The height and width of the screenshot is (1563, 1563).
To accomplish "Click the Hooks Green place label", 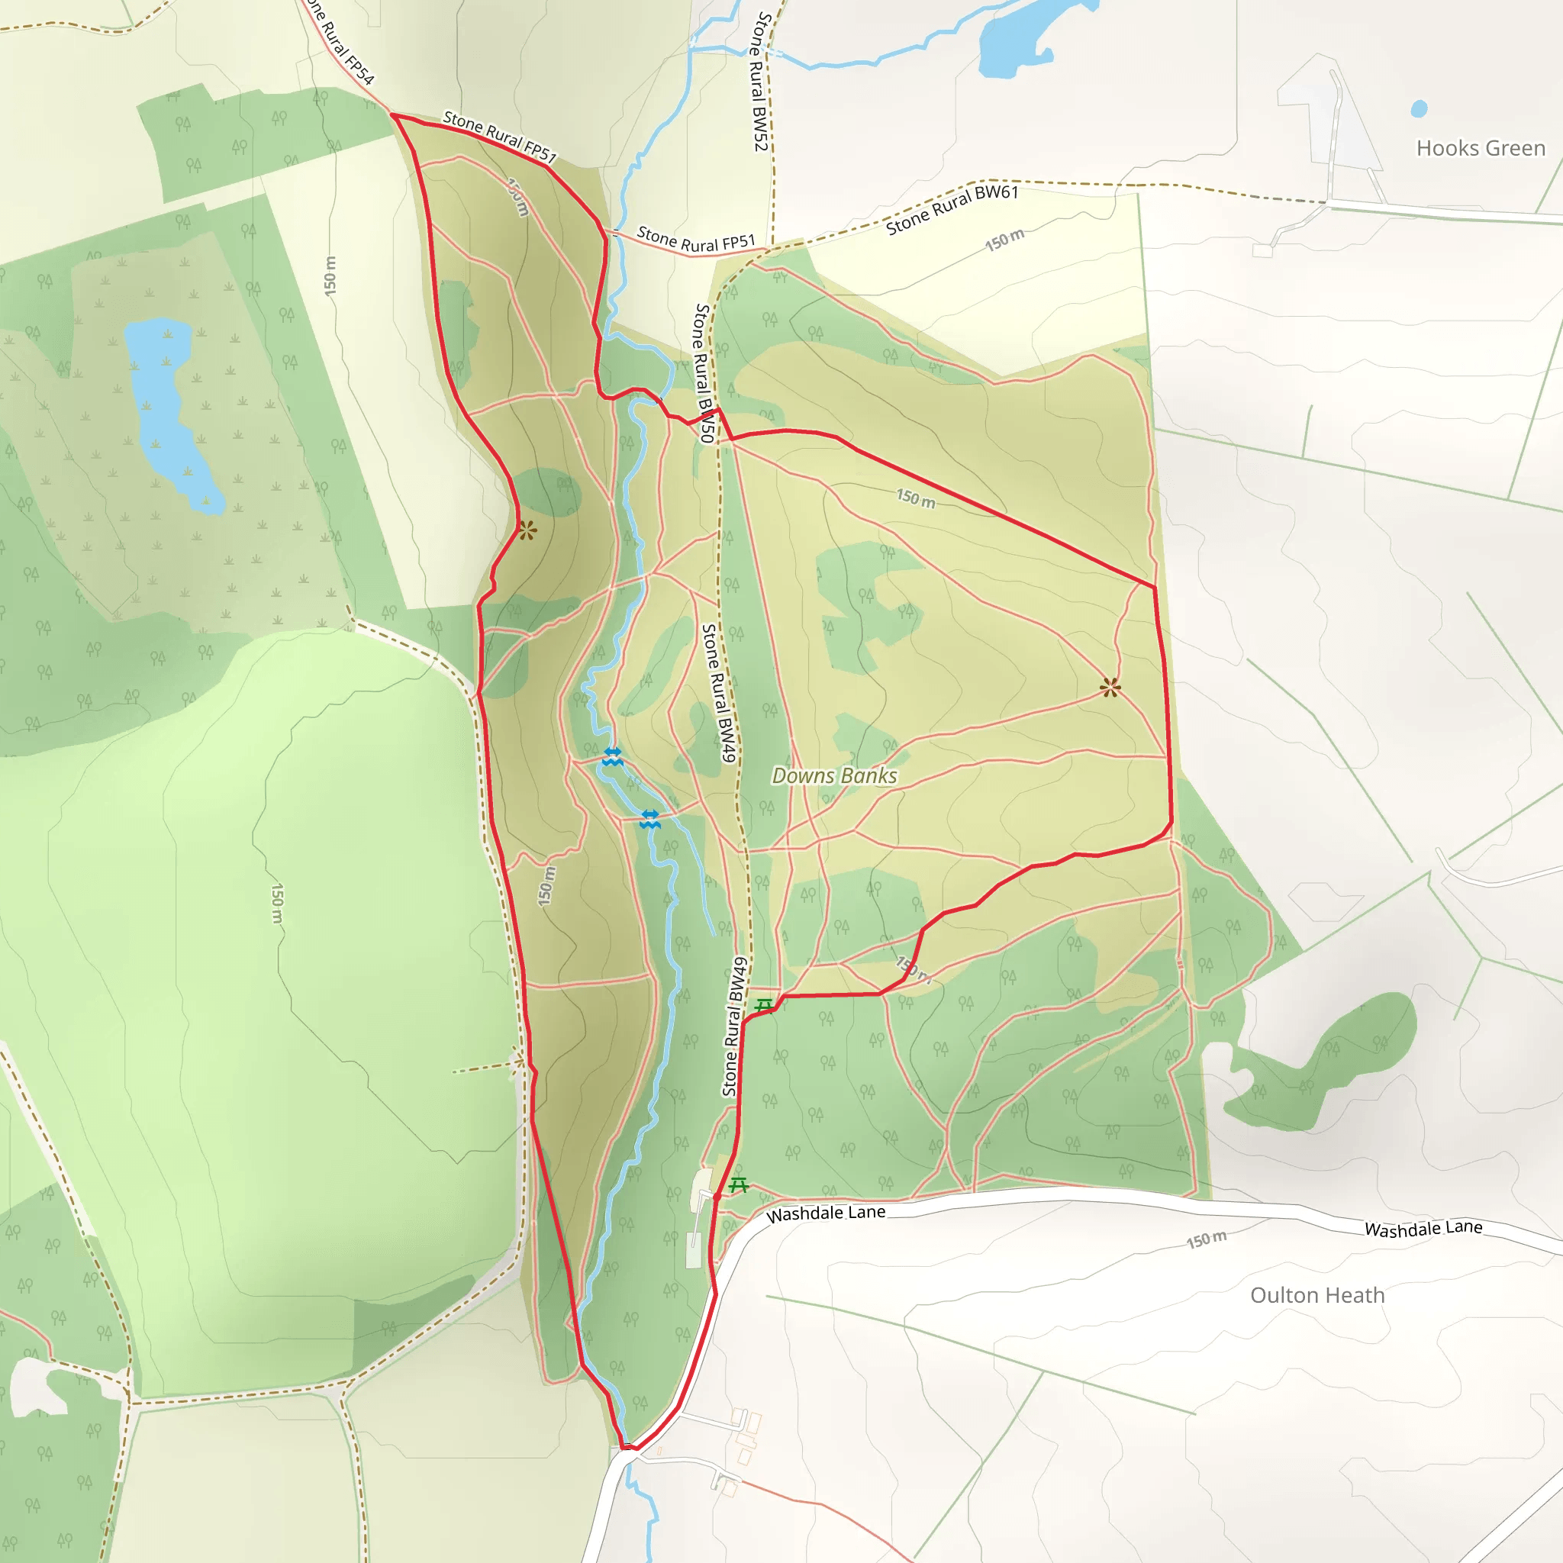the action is tap(1480, 148).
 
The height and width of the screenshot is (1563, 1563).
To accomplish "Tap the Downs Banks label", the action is tap(834, 776).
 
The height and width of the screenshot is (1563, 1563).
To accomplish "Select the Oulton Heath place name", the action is tap(1317, 1295).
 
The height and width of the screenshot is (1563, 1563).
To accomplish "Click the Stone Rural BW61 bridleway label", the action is tap(952, 208).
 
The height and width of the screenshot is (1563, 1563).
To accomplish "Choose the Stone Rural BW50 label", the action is tap(703, 373).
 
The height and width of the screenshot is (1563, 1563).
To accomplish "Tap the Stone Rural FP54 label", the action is tap(340, 40).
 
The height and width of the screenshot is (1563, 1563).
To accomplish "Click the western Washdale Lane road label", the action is tap(825, 1213).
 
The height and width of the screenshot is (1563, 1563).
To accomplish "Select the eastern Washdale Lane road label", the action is tap(1423, 1228).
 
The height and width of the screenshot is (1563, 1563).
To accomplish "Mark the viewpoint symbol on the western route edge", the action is tap(527, 530).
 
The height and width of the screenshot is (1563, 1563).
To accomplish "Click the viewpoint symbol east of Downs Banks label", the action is tap(1110, 688).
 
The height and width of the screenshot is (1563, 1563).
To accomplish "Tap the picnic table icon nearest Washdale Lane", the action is tap(738, 1185).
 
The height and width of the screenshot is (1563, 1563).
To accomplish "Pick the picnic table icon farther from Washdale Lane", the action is tap(764, 1006).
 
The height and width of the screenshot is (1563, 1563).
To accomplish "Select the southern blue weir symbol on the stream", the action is tap(649, 819).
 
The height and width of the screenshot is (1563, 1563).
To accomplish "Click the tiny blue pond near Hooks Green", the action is tap(1418, 108).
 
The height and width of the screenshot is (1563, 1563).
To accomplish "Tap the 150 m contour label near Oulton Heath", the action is tap(1207, 1239).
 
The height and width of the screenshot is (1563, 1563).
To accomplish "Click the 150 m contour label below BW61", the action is tap(1004, 240).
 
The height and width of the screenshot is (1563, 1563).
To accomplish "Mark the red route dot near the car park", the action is tap(717, 1197).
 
